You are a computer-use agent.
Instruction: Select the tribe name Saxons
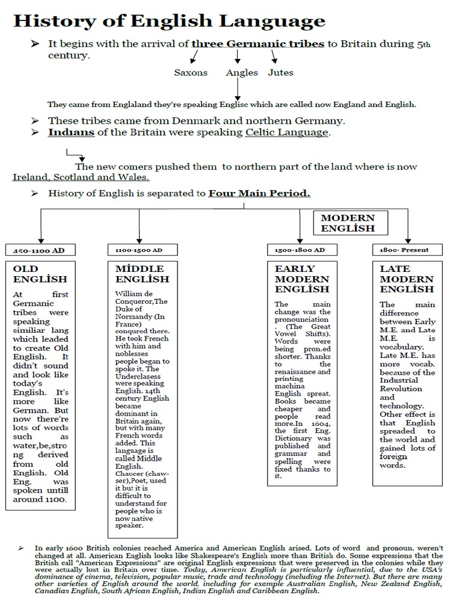point(191,73)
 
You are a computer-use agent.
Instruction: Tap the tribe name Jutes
point(280,73)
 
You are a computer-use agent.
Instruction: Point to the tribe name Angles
point(242,73)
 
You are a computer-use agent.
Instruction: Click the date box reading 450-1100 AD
point(39,249)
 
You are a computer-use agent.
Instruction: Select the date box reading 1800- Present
point(407,249)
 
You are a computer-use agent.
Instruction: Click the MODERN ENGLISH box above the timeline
point(347,223)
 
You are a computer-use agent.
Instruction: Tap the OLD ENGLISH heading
point(40,274)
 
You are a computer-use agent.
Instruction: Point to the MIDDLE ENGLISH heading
point(141,274)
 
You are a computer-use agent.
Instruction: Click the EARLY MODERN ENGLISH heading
point(301,279)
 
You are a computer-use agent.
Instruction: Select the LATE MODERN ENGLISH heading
point(407,279)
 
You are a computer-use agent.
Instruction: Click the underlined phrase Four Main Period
point(259,194)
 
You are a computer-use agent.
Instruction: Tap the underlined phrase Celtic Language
point(287,132)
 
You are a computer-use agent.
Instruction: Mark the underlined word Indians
point(71,132)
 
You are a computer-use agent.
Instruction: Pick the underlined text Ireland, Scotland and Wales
point(81,177)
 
